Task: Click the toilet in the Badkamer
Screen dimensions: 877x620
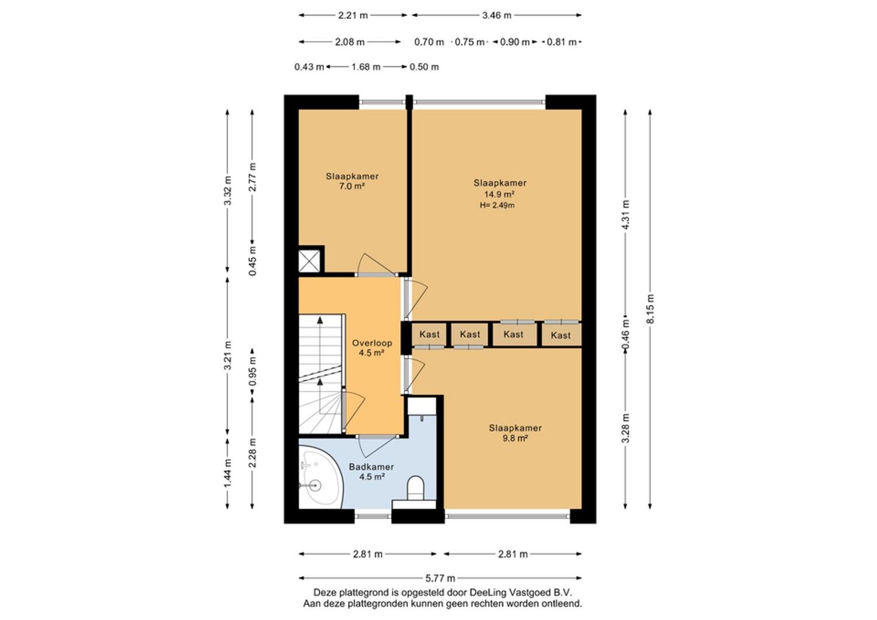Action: (415, 488)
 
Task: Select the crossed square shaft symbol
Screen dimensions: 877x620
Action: (310, 261)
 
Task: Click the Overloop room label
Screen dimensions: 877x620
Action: (372, 343)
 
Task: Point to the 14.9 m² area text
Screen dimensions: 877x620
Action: (499, 194)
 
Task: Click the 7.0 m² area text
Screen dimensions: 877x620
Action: (352, 187)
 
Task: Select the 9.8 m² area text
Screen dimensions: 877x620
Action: (515, 439)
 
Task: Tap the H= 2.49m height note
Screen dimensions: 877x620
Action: (497, 205)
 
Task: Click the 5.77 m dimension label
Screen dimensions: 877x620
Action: (441, 578)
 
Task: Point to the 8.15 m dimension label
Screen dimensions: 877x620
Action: (650, 309)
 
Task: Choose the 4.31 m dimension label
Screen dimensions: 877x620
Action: (625, 215)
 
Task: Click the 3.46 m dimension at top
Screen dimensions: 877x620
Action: (496, 15)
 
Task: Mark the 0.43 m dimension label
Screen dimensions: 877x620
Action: (310, 67)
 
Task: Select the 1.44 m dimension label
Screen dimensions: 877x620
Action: (228, 473)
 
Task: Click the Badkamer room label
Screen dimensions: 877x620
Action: (371, 467)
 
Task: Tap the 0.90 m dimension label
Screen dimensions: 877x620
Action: (515, 42)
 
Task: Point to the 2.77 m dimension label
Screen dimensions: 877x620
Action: (253, 177)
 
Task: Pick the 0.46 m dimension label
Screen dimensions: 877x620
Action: (625, 336)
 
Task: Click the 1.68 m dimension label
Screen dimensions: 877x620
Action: (366, 67)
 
